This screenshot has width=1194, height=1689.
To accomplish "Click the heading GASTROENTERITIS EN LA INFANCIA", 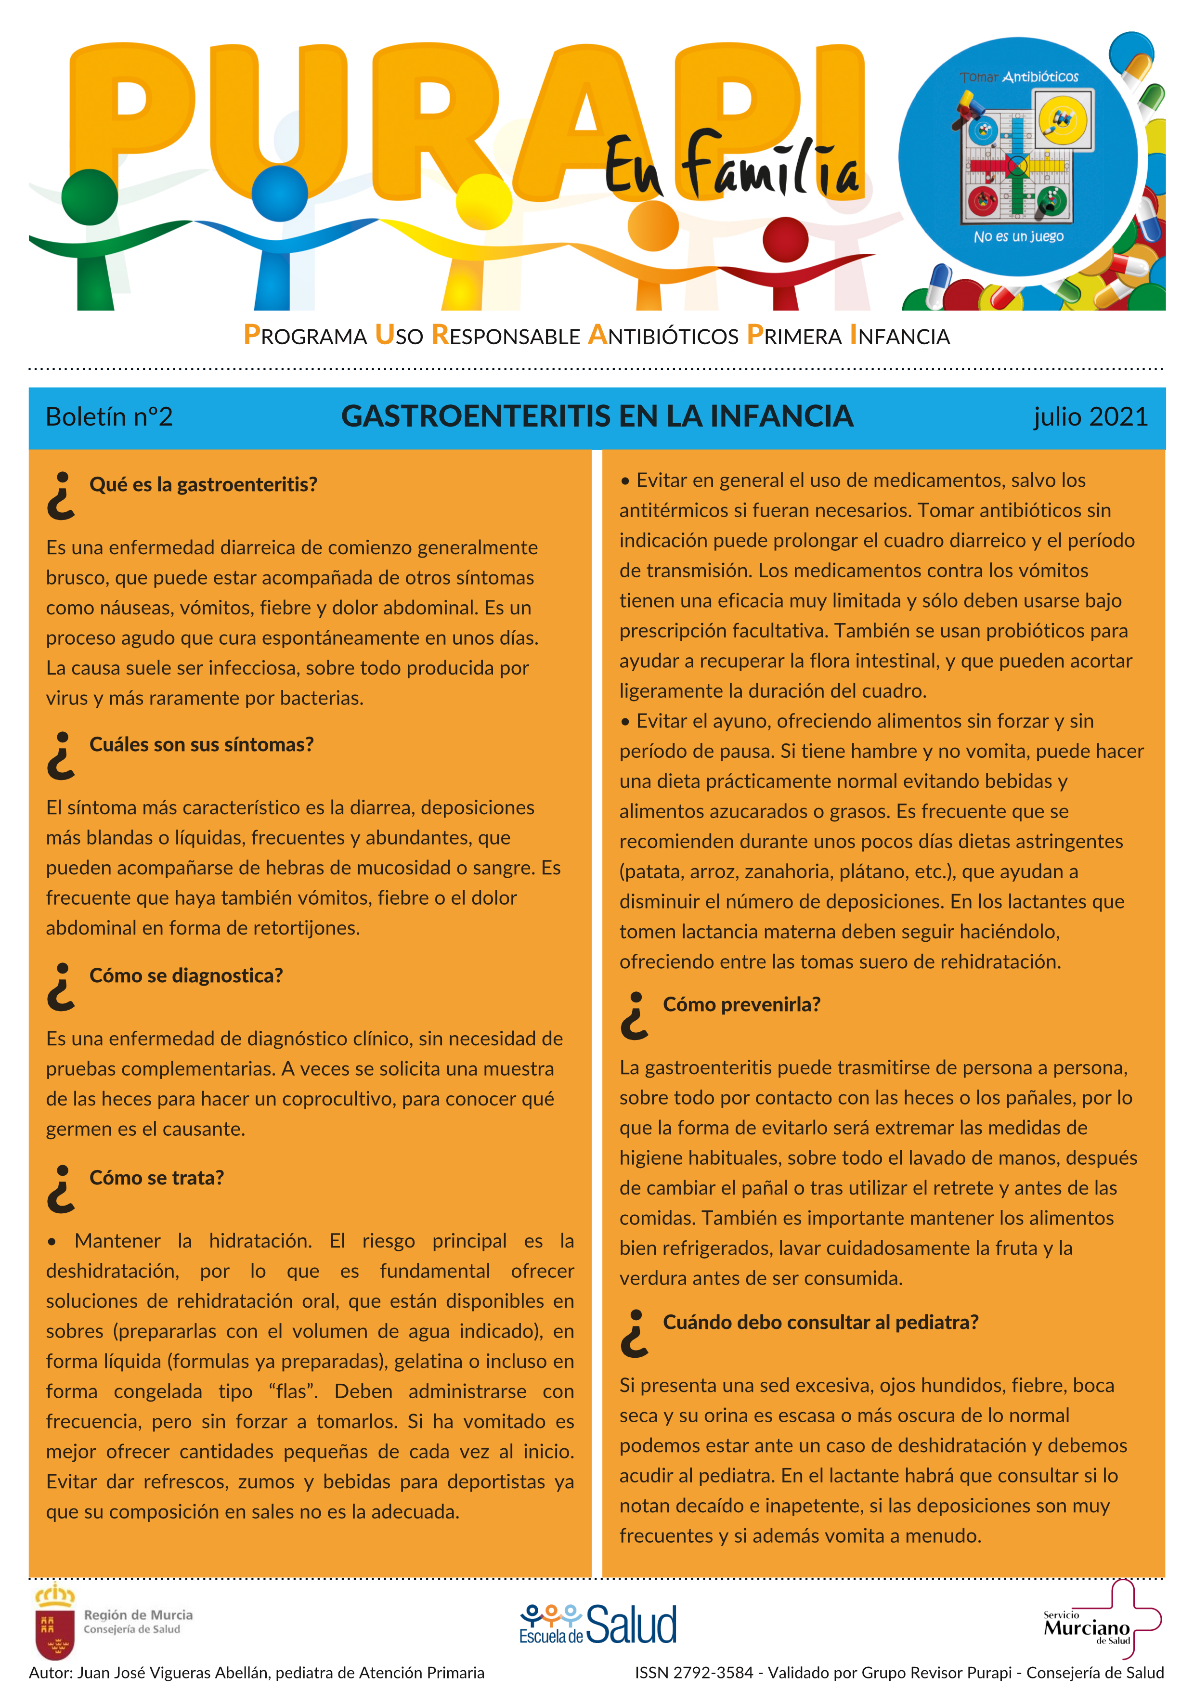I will pos(597,417).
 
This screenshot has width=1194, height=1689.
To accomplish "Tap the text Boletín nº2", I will pos(109,417).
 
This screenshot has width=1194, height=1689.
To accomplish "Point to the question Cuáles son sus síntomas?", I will pos(201,744).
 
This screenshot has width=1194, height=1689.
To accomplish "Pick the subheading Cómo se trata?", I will pos(156,1178).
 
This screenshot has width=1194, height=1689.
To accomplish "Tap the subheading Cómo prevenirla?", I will pos(741,1005).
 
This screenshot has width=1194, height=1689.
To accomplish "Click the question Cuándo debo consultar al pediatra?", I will pos(820,1322).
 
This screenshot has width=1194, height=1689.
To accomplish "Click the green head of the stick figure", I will pos(89,196).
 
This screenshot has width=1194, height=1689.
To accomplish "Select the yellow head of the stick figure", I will pos(483,201).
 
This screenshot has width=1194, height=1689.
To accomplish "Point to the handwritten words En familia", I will pos(731,167).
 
